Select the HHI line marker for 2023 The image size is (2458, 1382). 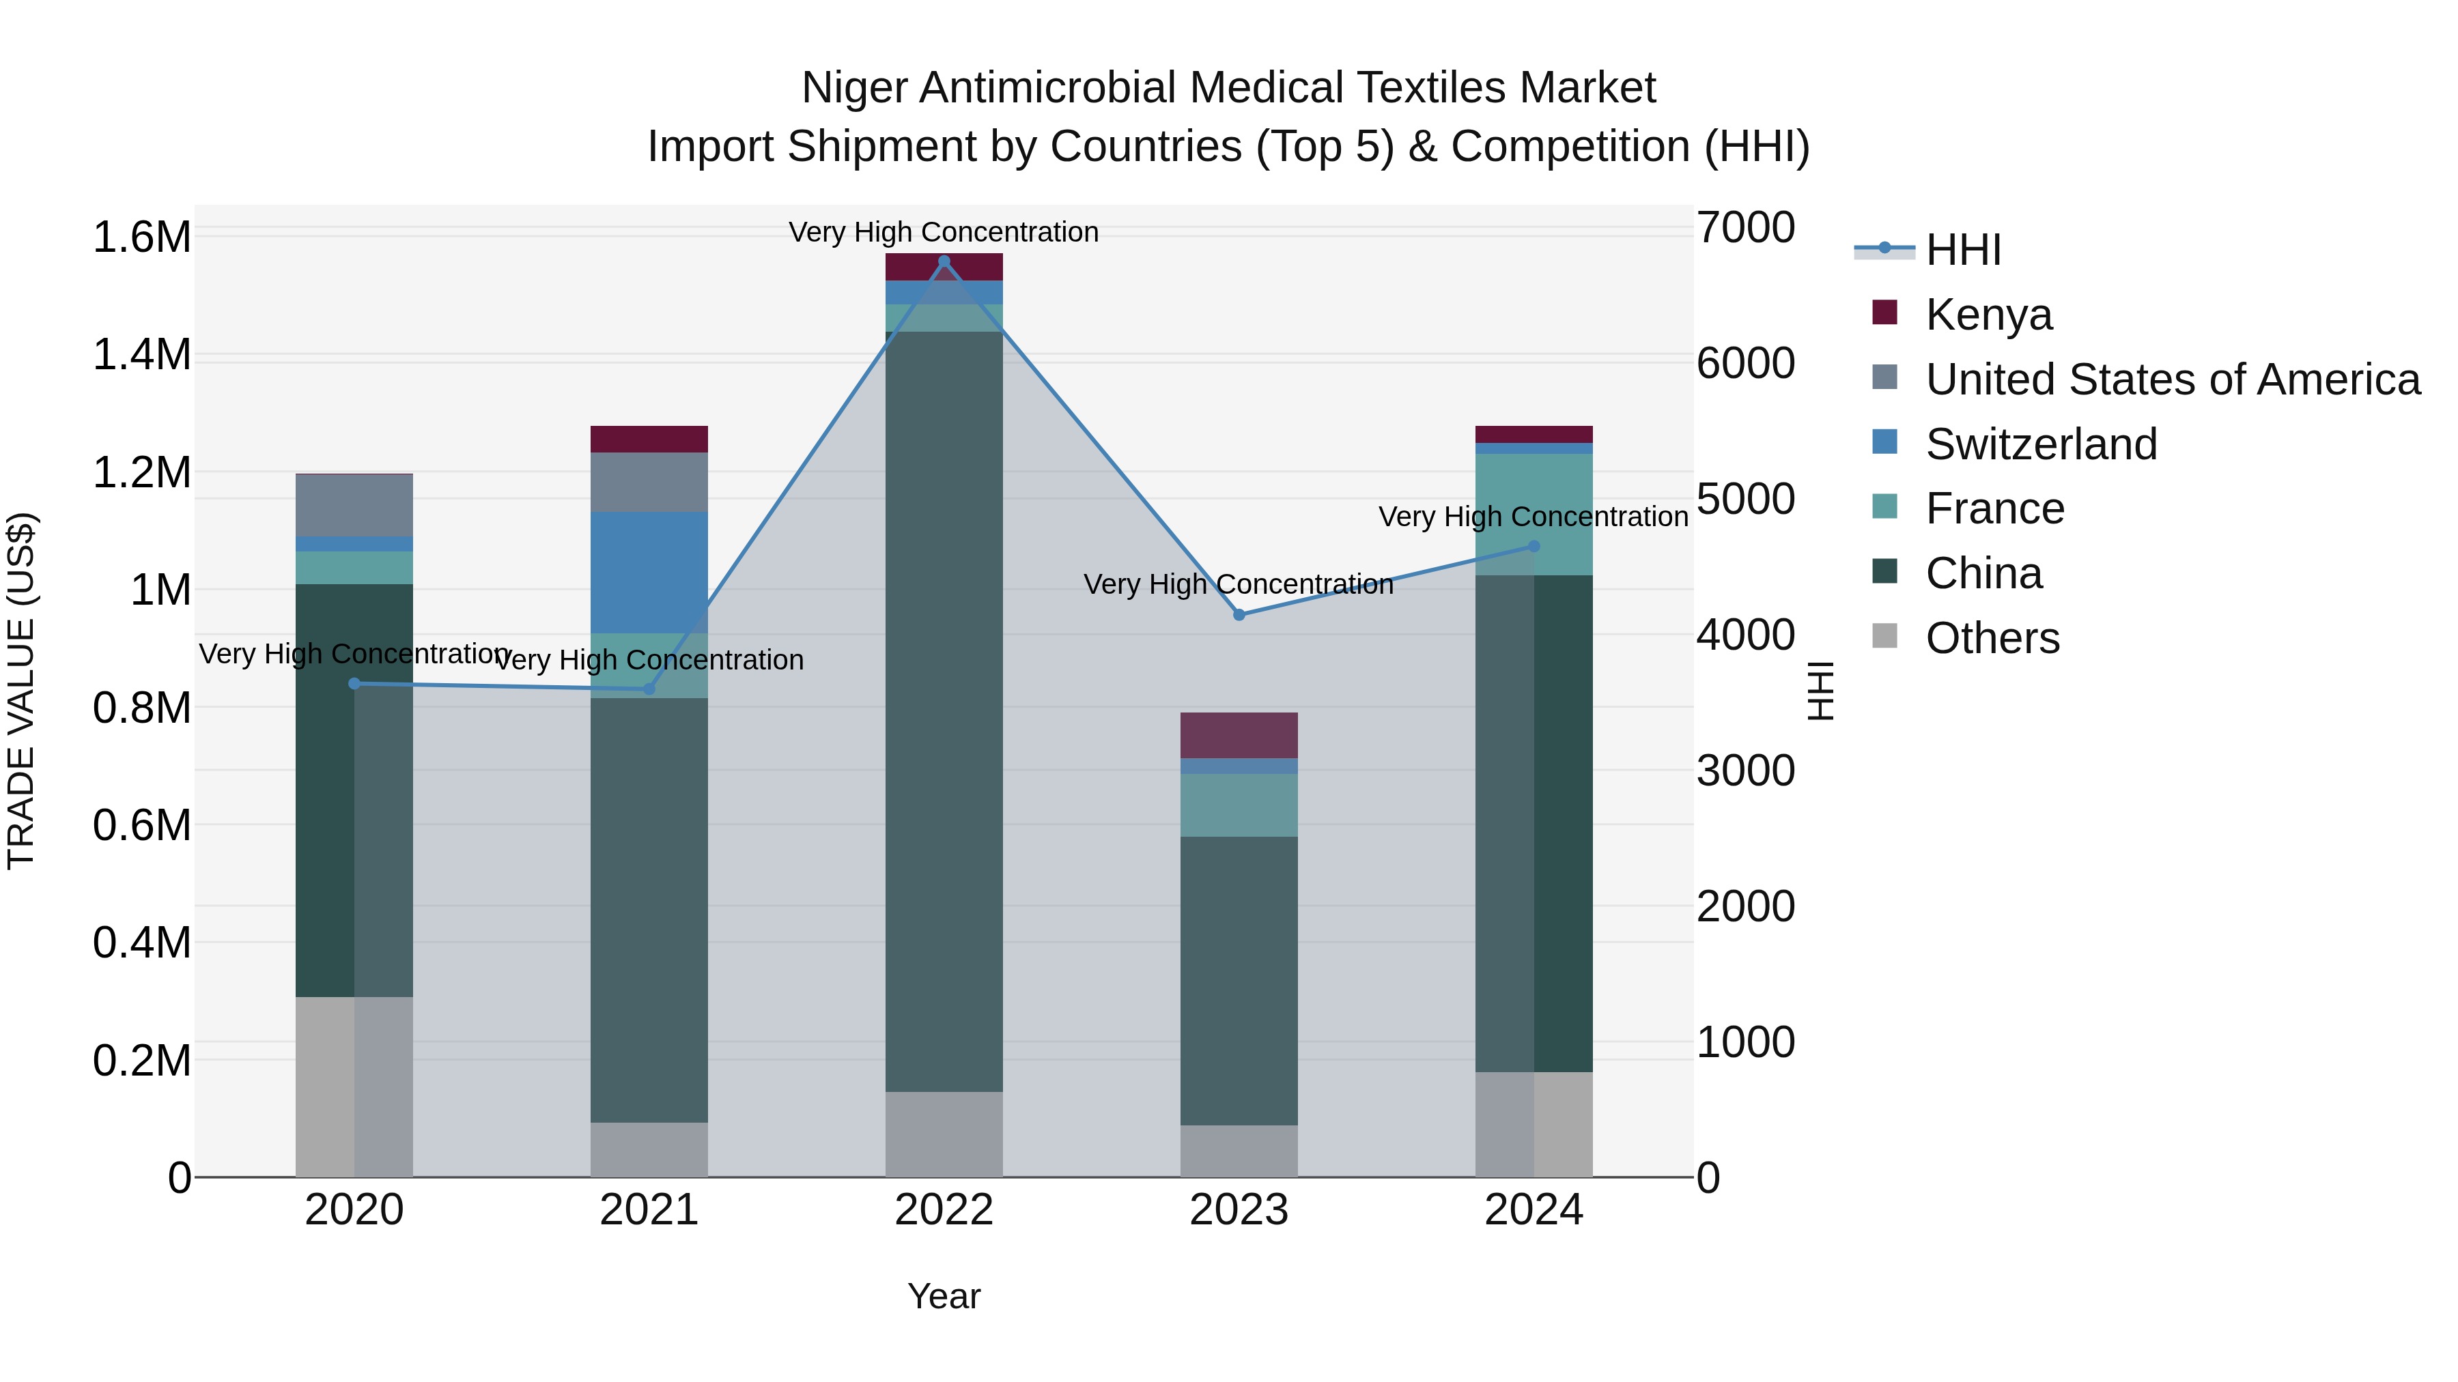click(x=1239, y=615)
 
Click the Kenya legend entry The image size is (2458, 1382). click(x=1988, y=315)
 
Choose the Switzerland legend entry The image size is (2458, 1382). click(x=2040, y=444)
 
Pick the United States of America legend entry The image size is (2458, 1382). click(x=2172, y=379)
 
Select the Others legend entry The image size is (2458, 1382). click(x=1992, y=638)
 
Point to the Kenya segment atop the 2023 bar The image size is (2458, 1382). click(x=1239, y=735)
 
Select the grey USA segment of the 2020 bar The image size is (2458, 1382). click(x=354, y=506)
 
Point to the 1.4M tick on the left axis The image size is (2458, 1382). click(x=141, y=355)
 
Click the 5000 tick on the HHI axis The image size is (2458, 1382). click(x=1745, y=499)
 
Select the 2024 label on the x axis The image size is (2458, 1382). click(x=1534, y=1210)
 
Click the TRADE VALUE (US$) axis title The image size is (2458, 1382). click(x=21, y=691)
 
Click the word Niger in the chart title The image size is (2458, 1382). click(x=854, y=88)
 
